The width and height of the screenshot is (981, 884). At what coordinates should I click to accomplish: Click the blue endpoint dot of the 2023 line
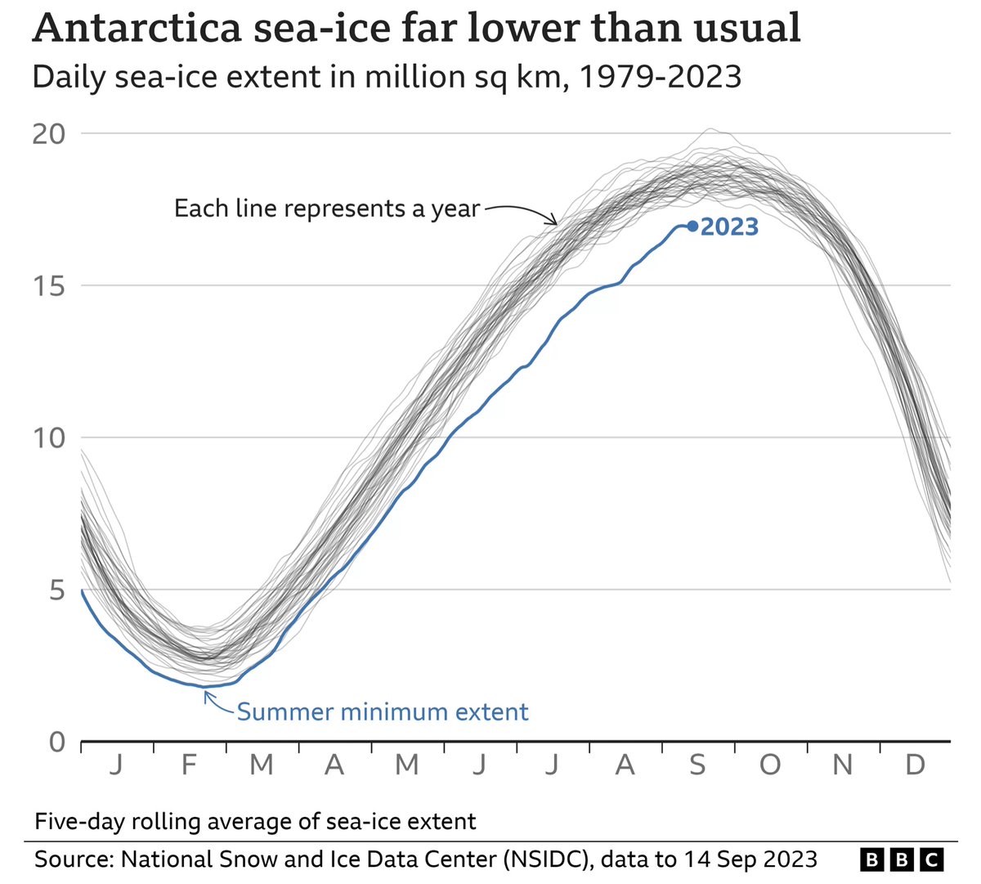coord(692,227)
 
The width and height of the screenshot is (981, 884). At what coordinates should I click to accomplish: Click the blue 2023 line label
coord(729,227)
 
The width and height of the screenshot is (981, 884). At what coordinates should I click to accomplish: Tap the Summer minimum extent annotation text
coord(383,712)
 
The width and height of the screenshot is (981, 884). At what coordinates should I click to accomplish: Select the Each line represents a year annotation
coord(326,209)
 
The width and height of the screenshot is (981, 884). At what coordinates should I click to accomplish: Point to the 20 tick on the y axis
coord(48,134)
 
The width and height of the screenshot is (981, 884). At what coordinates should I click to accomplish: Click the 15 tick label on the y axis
coord(48,286)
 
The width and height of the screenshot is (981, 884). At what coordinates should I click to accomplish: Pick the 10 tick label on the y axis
coord(48,438)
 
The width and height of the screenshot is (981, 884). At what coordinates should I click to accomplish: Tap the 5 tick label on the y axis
coord(56,590)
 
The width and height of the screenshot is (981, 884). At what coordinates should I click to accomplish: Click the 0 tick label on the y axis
coord(56,742)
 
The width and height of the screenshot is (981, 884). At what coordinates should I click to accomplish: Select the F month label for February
coord(189,765)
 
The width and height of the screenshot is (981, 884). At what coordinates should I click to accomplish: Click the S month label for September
coord(697,765)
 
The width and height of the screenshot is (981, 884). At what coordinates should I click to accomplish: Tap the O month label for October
coord(769,765)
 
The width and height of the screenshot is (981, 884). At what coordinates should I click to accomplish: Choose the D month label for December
coord(915,765)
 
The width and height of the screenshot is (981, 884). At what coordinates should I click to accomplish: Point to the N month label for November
coord(842,765)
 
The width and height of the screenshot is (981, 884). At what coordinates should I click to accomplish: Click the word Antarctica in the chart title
coord(137,29)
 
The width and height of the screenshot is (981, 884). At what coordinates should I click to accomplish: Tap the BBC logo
coord(902,859)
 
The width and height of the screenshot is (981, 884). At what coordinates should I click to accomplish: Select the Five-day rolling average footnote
coord(254,821)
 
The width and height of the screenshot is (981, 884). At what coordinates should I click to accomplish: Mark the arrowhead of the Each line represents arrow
coord(556,222)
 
